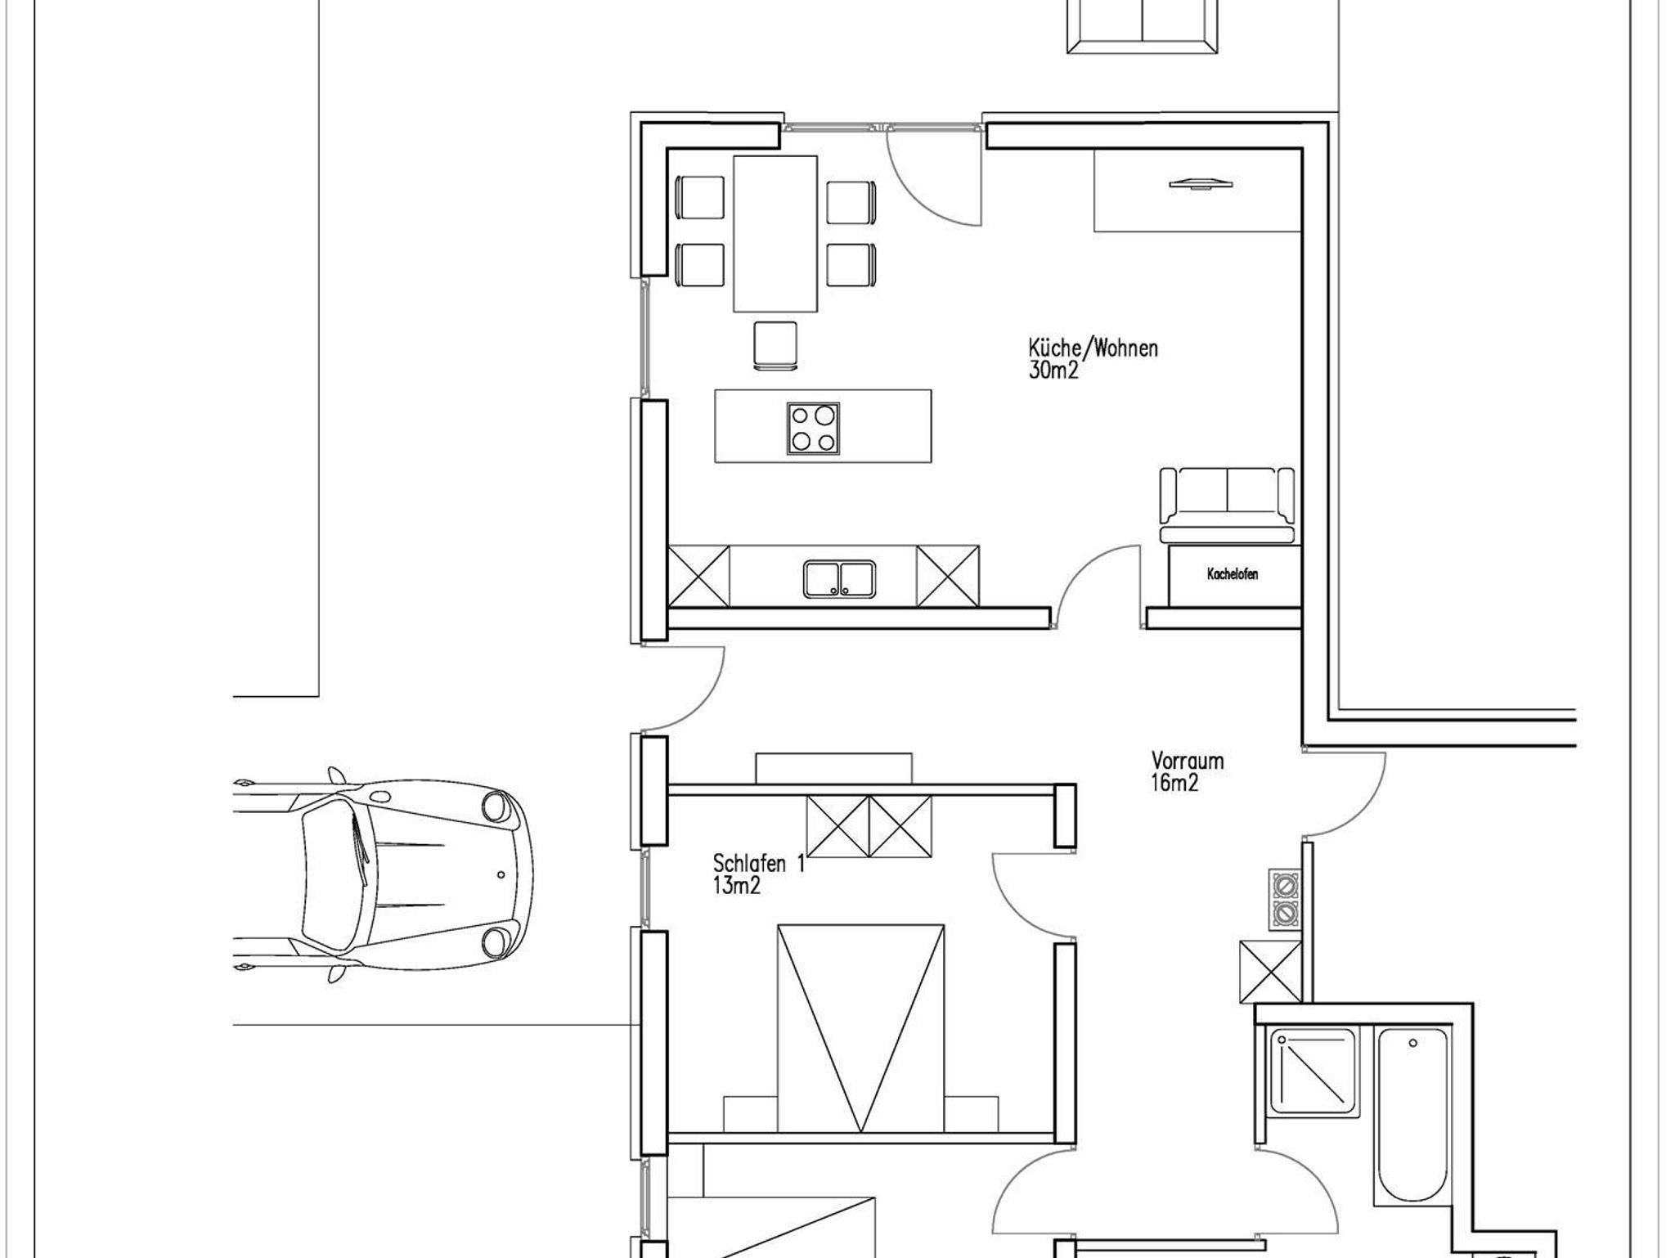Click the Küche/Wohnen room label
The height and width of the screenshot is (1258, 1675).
click(1093, 348)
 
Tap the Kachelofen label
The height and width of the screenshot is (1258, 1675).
click(1233, 574)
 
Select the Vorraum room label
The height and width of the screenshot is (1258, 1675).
click(1188, 761)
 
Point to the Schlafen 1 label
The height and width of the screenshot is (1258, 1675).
click(759, 863)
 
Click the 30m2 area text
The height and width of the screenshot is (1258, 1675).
click(1053, 371)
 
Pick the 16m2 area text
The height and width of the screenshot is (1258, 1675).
click(1175, 783)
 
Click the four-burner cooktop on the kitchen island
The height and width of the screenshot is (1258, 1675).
click(813, 428)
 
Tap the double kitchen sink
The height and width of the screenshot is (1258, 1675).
click(839, 578)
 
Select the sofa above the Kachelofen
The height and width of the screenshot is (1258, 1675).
click(1227, 505)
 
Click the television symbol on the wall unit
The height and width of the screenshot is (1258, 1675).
click(1200, 184)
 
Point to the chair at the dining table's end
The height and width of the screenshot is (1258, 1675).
click(775, 347)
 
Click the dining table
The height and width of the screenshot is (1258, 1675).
click(775, 234)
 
